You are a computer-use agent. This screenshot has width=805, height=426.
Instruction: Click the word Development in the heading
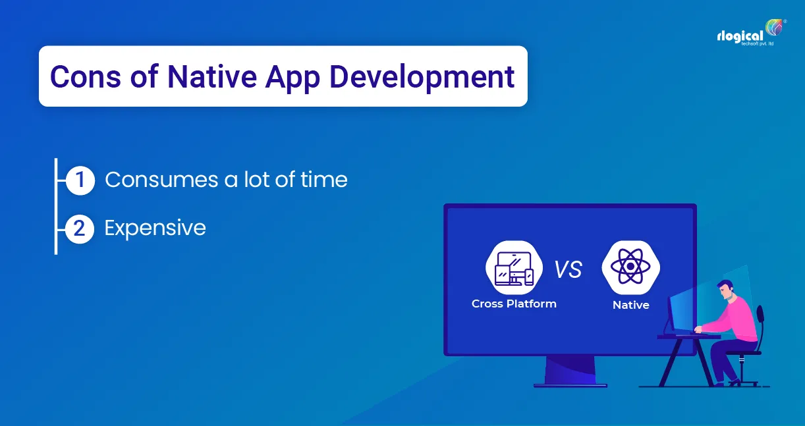click(x=422, y=77)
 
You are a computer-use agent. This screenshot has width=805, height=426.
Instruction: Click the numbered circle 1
click(x=80, y=180)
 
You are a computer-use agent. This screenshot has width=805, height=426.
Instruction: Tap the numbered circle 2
click(x=80, y=228)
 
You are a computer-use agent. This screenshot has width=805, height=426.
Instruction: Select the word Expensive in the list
click(x=155, y=228)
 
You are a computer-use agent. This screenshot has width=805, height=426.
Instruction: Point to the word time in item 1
click(x=322, y=180)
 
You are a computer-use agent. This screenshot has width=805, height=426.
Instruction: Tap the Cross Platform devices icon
click(x=514, y=267)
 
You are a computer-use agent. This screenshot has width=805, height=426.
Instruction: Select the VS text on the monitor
click(x=568, y=269)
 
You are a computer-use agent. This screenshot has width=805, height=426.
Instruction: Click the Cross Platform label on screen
click(x=514, y=304)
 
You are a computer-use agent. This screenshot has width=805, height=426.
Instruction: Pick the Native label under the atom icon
click(x=630, y=305)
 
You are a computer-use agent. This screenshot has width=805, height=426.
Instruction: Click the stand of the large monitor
click(x=570, y=370)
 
